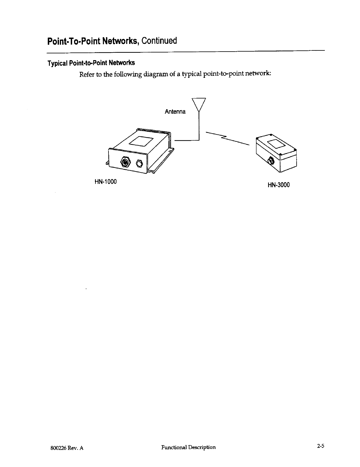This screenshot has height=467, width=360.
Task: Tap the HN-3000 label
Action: coord(279,185)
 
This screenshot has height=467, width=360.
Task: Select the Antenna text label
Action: coord(175,112)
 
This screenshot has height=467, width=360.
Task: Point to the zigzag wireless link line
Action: coord(227,138)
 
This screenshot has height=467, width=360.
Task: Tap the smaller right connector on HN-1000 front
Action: coord(139,163)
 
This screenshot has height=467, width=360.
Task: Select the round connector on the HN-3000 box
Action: coord(271,161)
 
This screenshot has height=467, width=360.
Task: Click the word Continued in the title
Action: coord(159,41)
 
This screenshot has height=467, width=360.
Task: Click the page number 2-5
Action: coord(321,446)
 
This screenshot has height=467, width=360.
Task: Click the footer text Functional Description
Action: coord(188,447)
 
